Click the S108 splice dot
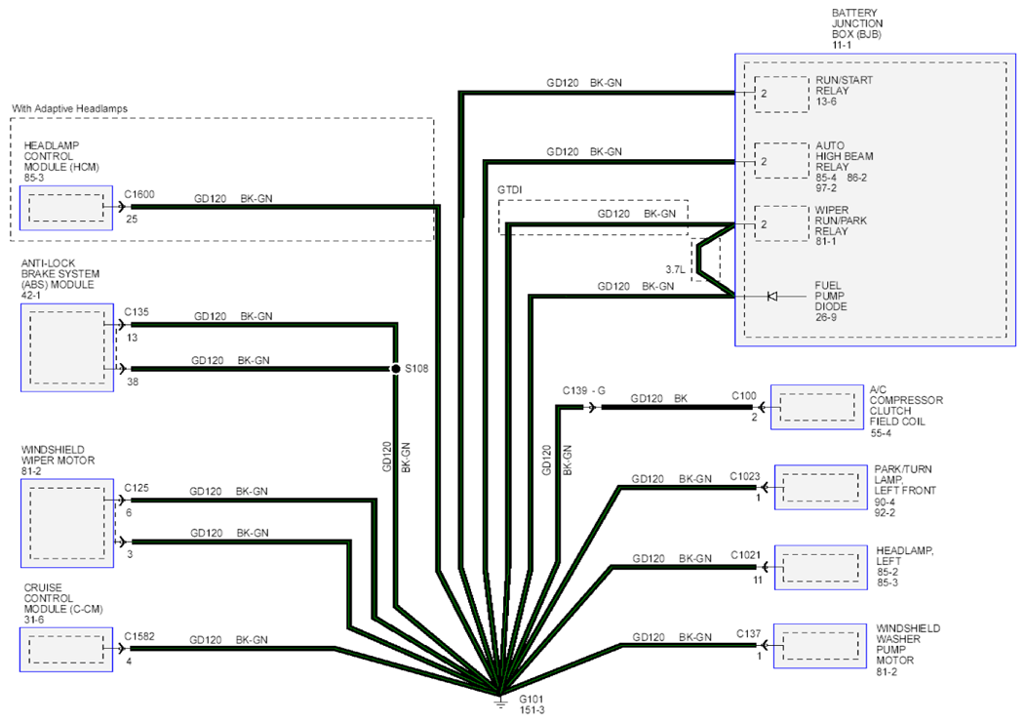(x=395, y=369)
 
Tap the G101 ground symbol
(x=500, y=703)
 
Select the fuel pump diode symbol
(x=772, y=297)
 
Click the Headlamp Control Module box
(x=66, y=208)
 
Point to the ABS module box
(x=66, y=347)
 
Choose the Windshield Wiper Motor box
(x=66, y=523)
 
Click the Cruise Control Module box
(x=66, y=650)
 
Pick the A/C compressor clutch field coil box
(x=817, y=407)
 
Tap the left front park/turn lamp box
(x=821, y=487)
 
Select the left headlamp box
(x=821, y=568)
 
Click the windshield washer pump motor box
(x=820, y=646)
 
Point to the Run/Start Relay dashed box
(x=782, y=95)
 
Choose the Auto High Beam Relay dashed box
(x=782, y=160)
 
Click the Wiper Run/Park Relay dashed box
(x=782, y=224)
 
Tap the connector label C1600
(x=139, y=194)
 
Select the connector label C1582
(x=139, y=636)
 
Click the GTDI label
(x=510, y=190)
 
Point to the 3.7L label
(x=675, y=270)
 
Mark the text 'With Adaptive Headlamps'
(x=69, y=108)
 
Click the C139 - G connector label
(x=584, y=391)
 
